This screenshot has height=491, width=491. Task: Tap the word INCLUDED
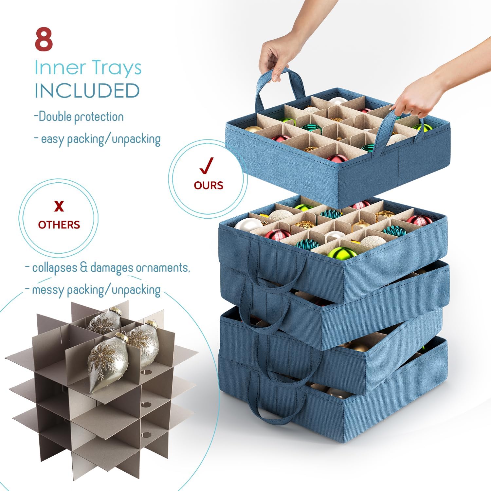point(87,91)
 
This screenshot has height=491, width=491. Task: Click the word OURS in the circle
point(209,185)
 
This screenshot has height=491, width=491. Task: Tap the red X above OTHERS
point(59,207)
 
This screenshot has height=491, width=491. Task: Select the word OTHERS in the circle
point(59,225)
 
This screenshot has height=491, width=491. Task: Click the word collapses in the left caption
point(55,267)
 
